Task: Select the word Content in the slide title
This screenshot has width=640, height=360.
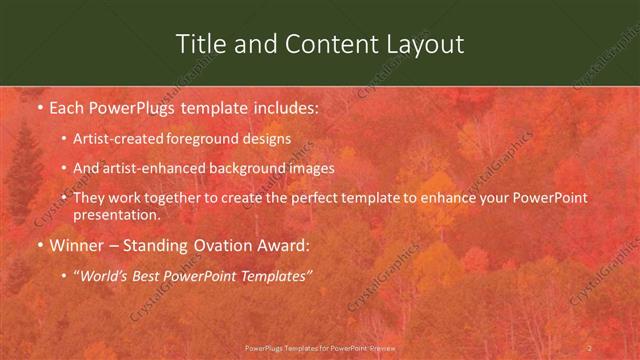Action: pyautogui.click(x=319, y=44)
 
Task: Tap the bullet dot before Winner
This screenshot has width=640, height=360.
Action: pyautogui.click(x=39, y=243)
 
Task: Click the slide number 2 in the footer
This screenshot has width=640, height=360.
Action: pyautogui.click(x=590, y=347)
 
